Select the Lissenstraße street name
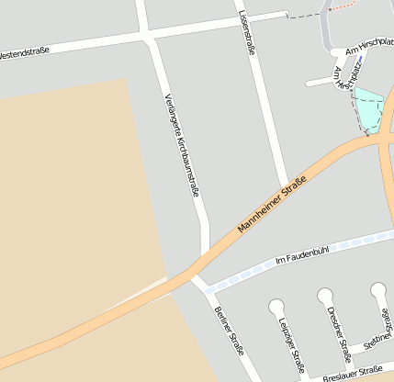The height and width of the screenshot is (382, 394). coord(245,34)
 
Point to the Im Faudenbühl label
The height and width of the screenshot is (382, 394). coord(301,255)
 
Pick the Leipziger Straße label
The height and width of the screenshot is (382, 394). coord(291,345)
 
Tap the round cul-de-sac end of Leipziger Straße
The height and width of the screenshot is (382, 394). coord(276,305)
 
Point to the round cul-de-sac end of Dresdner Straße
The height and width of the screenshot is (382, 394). coord(325,296)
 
